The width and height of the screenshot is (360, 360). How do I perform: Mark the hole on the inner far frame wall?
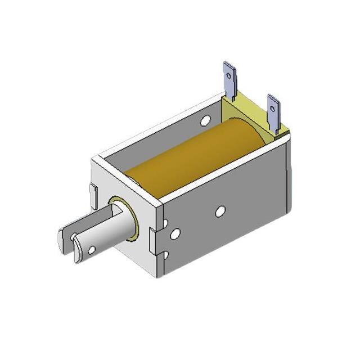click(206, 119)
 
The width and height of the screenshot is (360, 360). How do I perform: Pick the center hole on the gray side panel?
click(220, 211)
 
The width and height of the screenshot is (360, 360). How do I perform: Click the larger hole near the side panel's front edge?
click(175, 233)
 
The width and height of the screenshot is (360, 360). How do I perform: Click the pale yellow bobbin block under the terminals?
click(250, 115)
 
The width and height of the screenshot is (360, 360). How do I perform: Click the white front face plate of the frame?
click(121, 186)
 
